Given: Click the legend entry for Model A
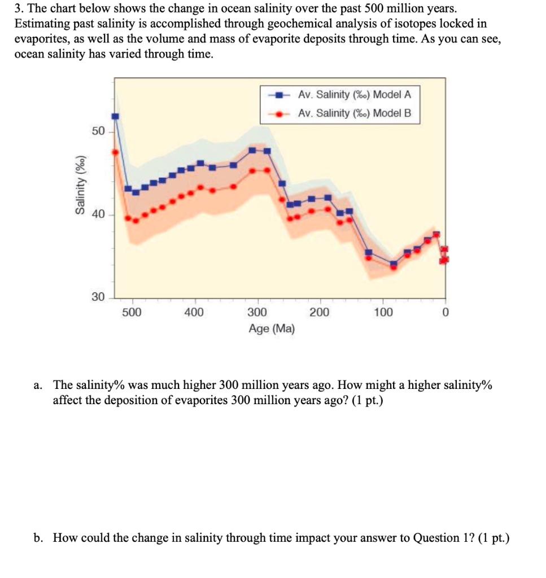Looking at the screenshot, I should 355,94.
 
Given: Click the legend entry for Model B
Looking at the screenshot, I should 355,113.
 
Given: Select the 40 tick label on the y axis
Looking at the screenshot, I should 98,214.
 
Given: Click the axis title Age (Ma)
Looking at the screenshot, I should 272,329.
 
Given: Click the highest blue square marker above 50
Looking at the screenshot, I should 115,116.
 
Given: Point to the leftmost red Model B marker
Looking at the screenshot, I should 115,152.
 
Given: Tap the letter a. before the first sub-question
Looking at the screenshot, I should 38,386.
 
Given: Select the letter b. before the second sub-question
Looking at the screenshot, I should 38,537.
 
